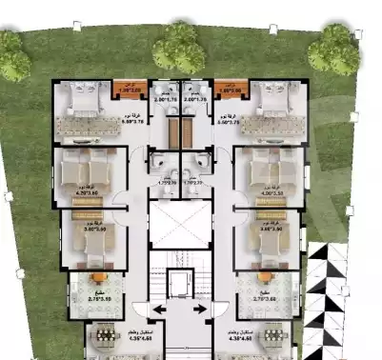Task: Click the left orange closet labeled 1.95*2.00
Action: tap(124, 90)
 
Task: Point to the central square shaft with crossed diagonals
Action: tap(179, 222)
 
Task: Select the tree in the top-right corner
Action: tap(336, 48)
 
